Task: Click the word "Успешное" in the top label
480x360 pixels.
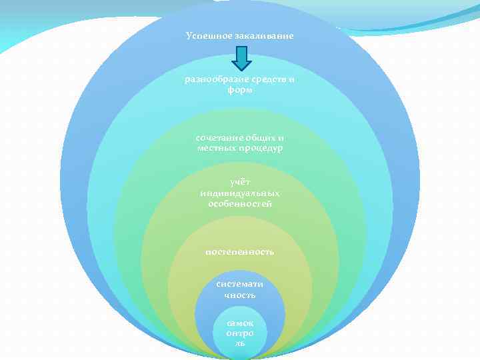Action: pos(208,35)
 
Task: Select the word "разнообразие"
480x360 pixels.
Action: pos(215,80)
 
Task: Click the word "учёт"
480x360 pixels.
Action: pos(240,182)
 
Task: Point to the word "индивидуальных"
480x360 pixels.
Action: pos(240,193)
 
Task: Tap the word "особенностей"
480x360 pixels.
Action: pos(240,203)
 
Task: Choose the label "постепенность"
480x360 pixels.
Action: pos(240,252)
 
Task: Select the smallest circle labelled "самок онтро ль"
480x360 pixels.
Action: pos(240,332)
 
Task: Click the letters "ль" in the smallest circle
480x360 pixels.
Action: pos(240,342)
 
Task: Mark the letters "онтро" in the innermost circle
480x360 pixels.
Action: pos(240,332)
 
